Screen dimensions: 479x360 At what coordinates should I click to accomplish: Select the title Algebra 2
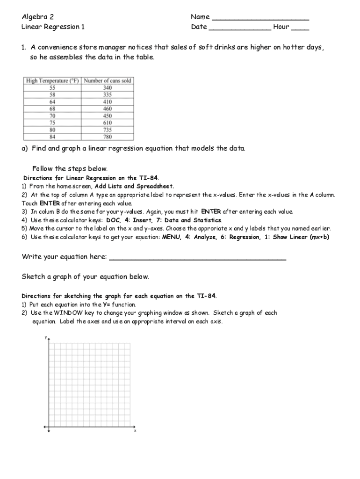37,17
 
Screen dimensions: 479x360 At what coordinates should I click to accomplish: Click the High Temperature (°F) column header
52,80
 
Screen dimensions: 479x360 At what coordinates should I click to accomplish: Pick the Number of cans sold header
107,80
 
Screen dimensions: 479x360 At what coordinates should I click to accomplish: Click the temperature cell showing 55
52,87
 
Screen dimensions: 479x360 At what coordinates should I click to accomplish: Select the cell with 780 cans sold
107,137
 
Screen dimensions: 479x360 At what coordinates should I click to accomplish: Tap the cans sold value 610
107,123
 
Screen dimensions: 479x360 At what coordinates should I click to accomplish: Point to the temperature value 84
52,137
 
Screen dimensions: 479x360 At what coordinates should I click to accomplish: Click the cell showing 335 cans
107,94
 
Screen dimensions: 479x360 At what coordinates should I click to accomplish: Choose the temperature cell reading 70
52,116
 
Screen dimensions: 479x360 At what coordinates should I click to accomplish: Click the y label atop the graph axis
45,337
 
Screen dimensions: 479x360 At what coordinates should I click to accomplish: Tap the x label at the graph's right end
135,431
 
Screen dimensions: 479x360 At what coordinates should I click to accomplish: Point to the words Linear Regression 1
53,27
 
